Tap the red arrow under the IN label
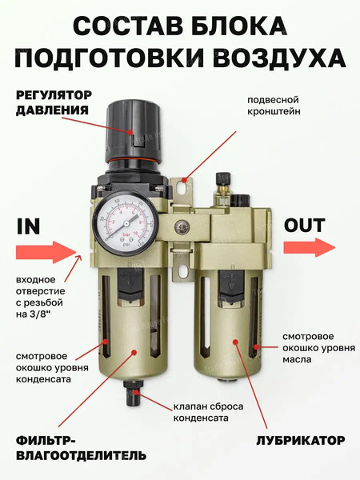(x=44, y=253)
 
